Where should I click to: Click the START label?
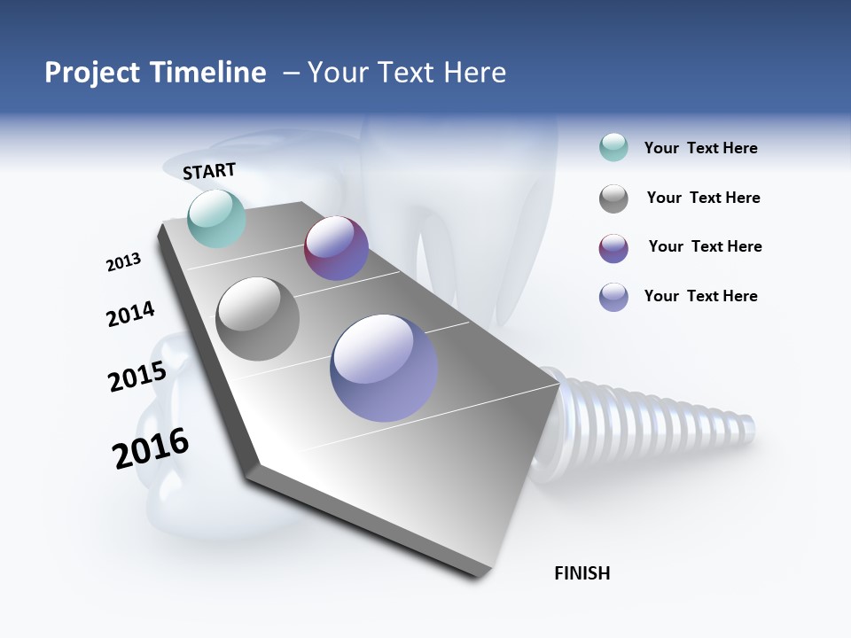coord(209,170)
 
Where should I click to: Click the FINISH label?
coord(582,573)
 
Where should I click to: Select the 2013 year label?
coord(123,262)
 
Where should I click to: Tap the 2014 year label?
coord(130,314)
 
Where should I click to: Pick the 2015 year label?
coord(137,377)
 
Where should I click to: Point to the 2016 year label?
coord(151,448)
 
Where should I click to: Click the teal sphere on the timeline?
coord(216,218)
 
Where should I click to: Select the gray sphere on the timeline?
coord(257,318)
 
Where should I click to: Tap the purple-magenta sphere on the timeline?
coord(336,248)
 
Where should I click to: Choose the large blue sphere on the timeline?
coord(384,368)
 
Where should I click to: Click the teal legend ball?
coord(613,148)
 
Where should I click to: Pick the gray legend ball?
coord(613,198)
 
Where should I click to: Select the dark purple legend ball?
coord(613,248)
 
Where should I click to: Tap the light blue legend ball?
coord(613,297)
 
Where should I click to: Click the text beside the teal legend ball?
coord(700,148)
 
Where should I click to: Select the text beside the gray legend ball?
coord(703,198)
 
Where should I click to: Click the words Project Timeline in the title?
coord(155,73)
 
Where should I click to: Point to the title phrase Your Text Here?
coord(407,73)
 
